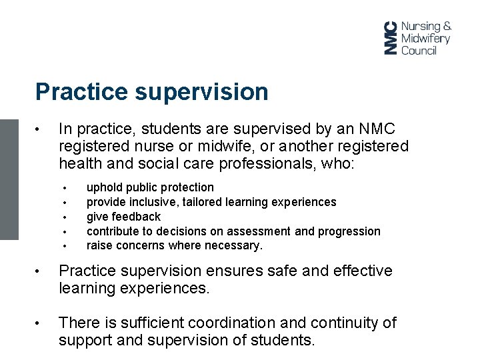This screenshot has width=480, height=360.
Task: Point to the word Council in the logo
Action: coord(419,50)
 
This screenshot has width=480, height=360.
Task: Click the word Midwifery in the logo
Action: coord(425,38)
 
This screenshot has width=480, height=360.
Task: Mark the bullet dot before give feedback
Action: coord(65,217)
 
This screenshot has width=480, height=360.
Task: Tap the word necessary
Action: coord(235,245)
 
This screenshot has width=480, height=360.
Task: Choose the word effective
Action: coord(359,271)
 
